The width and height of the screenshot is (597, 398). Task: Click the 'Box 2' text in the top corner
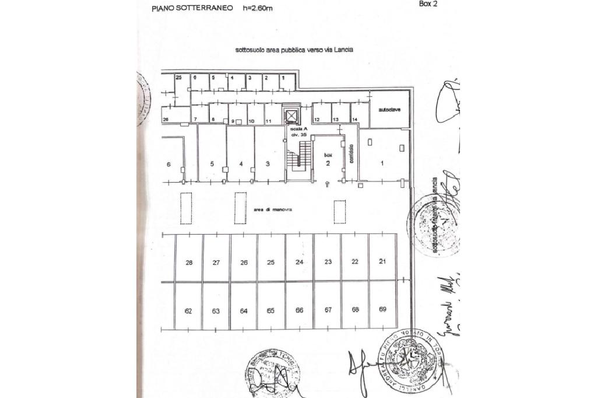[x=428, y=4]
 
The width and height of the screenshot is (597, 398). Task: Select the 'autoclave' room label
[x=389, y=110]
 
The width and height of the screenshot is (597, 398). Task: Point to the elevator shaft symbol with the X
[x=291, y=115]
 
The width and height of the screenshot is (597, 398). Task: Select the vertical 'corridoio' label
[x=352, y=154]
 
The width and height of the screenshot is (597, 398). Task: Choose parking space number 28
[x=189, y=263]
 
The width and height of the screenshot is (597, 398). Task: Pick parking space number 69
[x=382, y=309]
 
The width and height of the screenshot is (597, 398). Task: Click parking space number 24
[x=299, y=262]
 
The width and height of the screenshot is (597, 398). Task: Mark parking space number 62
[x=188, y=311]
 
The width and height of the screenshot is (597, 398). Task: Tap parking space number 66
[x=299, y=310]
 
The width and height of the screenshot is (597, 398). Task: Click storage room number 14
[x=354, y=120]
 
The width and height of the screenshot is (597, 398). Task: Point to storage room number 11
[x=269, y=121]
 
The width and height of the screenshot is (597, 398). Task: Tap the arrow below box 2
[x=328, y=184]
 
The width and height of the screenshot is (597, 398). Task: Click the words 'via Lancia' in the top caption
[x=338, y=50]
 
